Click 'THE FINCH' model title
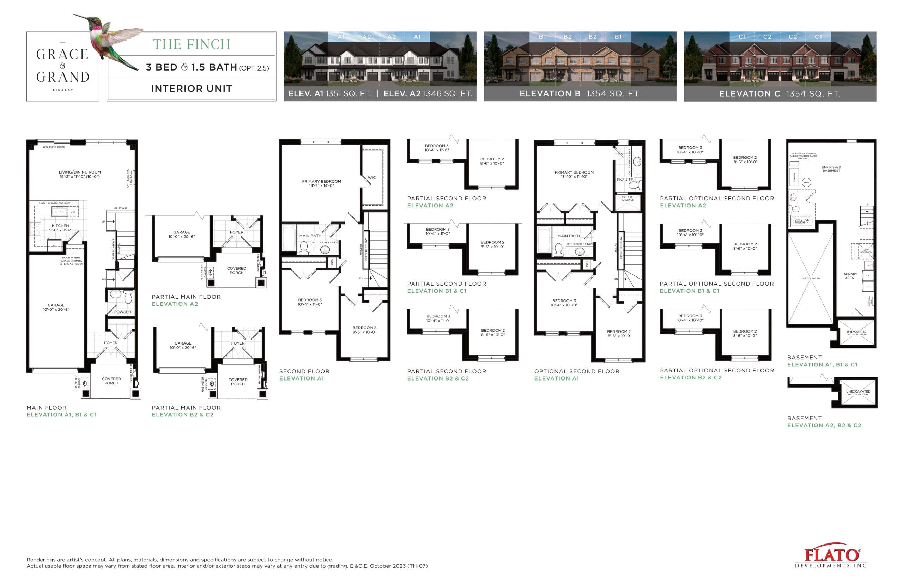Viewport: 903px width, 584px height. point(191,44)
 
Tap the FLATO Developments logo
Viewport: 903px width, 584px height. point(832,555)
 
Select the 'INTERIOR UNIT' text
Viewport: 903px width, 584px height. point(191,89)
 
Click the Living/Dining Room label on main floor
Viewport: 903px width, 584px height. point(80,174)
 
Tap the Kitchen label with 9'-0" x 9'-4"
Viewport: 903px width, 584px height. point(60,227)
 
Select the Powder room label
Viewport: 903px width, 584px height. point(122,312)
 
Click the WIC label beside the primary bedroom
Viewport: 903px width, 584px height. point(371,177)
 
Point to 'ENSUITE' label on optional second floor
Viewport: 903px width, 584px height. point(624,180)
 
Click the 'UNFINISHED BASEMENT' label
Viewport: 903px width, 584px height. point(831,169)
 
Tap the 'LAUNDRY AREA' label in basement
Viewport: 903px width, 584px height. point(849,276)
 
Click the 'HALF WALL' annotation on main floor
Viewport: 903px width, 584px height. point(121,208)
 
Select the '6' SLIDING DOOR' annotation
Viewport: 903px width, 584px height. point(54,147)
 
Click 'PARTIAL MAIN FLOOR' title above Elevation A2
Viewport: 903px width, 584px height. point(186,297)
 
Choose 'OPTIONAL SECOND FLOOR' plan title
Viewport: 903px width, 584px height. point(576,371)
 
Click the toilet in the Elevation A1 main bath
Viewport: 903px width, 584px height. point(303,248)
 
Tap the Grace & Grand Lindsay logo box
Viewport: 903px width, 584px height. point(62,66)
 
